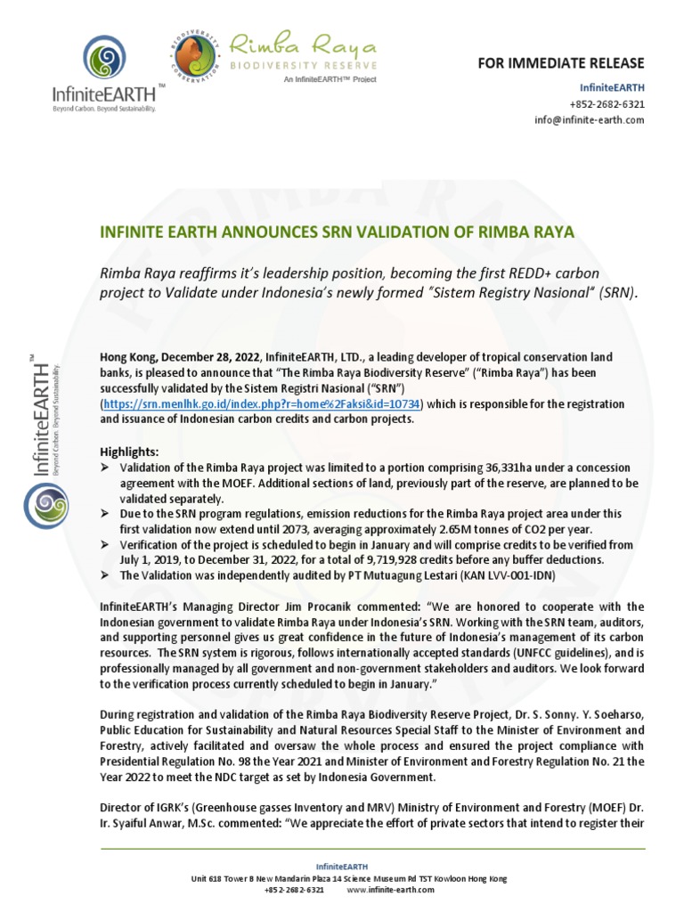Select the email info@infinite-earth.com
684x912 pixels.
tap(590, 120)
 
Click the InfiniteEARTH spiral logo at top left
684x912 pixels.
tap(106, 60)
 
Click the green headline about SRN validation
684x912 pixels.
tap(339, 232)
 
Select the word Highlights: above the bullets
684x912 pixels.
tap(129, 452)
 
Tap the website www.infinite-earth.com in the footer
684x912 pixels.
tap(390, 890)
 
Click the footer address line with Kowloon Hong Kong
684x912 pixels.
tap(349, 878)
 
